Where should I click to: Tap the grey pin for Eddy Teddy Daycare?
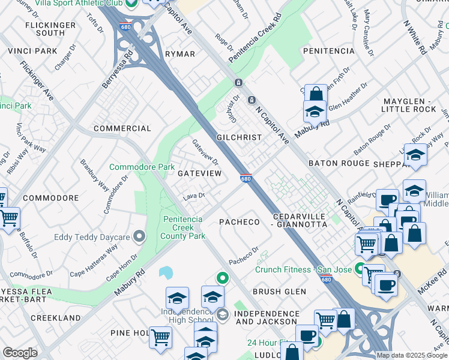[x=139, y=237]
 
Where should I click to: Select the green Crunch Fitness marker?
[x=360, y=269]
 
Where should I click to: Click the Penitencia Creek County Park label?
[x=183, y=227]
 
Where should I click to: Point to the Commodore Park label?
[x=142, y=166]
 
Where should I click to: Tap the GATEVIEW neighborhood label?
[x=199, y=173]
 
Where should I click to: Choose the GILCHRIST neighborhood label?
[x=239, y=137]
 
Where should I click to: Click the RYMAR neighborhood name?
[x=180, y=54]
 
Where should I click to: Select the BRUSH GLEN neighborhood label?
[x=279, y=292]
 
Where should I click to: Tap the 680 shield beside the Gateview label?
[x=246, y=178]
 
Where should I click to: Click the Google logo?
[x=20, y=352]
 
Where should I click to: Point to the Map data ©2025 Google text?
[x=412, y=355]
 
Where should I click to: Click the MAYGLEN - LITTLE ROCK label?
[x=408, y=104]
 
